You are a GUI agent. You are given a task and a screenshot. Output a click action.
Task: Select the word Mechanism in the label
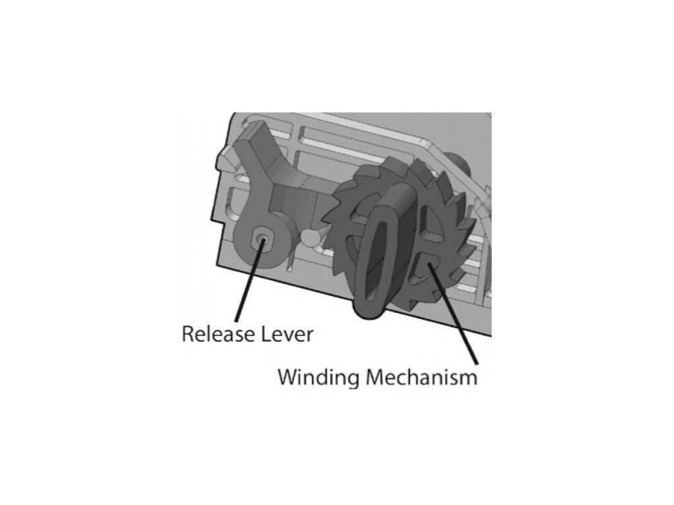[x=421, y=378]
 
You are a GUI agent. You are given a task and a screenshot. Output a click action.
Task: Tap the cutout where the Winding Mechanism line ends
[x=425, y=266]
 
